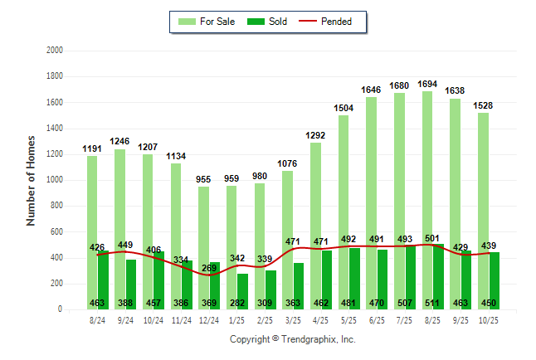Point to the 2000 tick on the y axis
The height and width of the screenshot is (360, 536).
pyautogui.click(x=55, y=51)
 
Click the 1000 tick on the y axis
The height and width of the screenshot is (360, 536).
pyautogui.click(x=55, y=180)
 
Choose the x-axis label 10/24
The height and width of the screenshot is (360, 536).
pyautogui.click(x=153, y=319)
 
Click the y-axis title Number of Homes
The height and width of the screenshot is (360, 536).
pyautogui.click(x=31, y=180)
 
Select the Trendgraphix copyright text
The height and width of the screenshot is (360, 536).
pyautogui.click(x=292, y=339)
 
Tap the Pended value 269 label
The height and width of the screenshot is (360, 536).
pyautogui.click(x=209, y=268)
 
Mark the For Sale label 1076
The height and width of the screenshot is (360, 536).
pyautogui.click(x=287, y=163)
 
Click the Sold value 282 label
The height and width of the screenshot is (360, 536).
pyautogui.click(x=237, y=303)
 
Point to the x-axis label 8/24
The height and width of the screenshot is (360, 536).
pyautogui.click(x=97, y=319)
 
